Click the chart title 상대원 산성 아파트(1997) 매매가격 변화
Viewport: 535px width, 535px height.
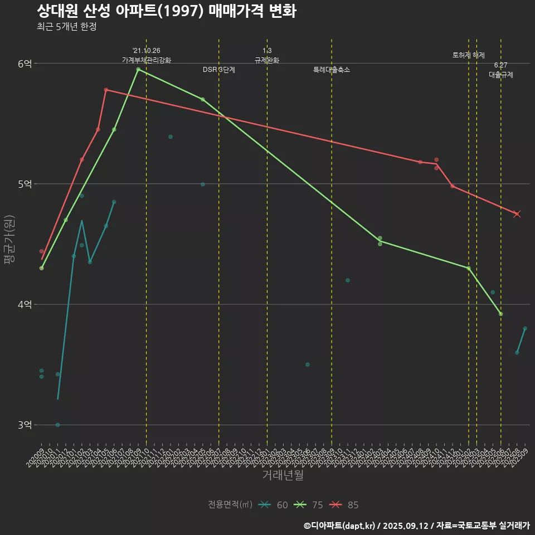[166, 11]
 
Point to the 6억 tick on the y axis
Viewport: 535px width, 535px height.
[25, 64]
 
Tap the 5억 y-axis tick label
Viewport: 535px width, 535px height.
[25, 184]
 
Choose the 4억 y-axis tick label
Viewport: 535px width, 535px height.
[25, 305]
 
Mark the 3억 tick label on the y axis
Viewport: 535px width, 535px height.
[25, 425]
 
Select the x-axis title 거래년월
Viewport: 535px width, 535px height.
[283, 475]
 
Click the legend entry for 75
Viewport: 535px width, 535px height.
[309, 505]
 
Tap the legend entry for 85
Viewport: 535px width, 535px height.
[344, 505]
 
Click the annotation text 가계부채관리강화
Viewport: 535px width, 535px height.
[147, 60]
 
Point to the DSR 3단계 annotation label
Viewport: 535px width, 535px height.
[219, 70]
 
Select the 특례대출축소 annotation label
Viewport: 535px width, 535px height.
[332, 70]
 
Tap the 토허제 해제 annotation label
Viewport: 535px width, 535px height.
[469, 56]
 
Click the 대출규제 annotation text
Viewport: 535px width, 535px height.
[501, 75]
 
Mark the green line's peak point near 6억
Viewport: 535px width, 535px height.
[138, 69]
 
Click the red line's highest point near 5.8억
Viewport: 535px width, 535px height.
[106, 90]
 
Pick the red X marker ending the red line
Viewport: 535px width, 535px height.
[517, 214]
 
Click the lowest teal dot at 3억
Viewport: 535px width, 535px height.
[57, 425]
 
